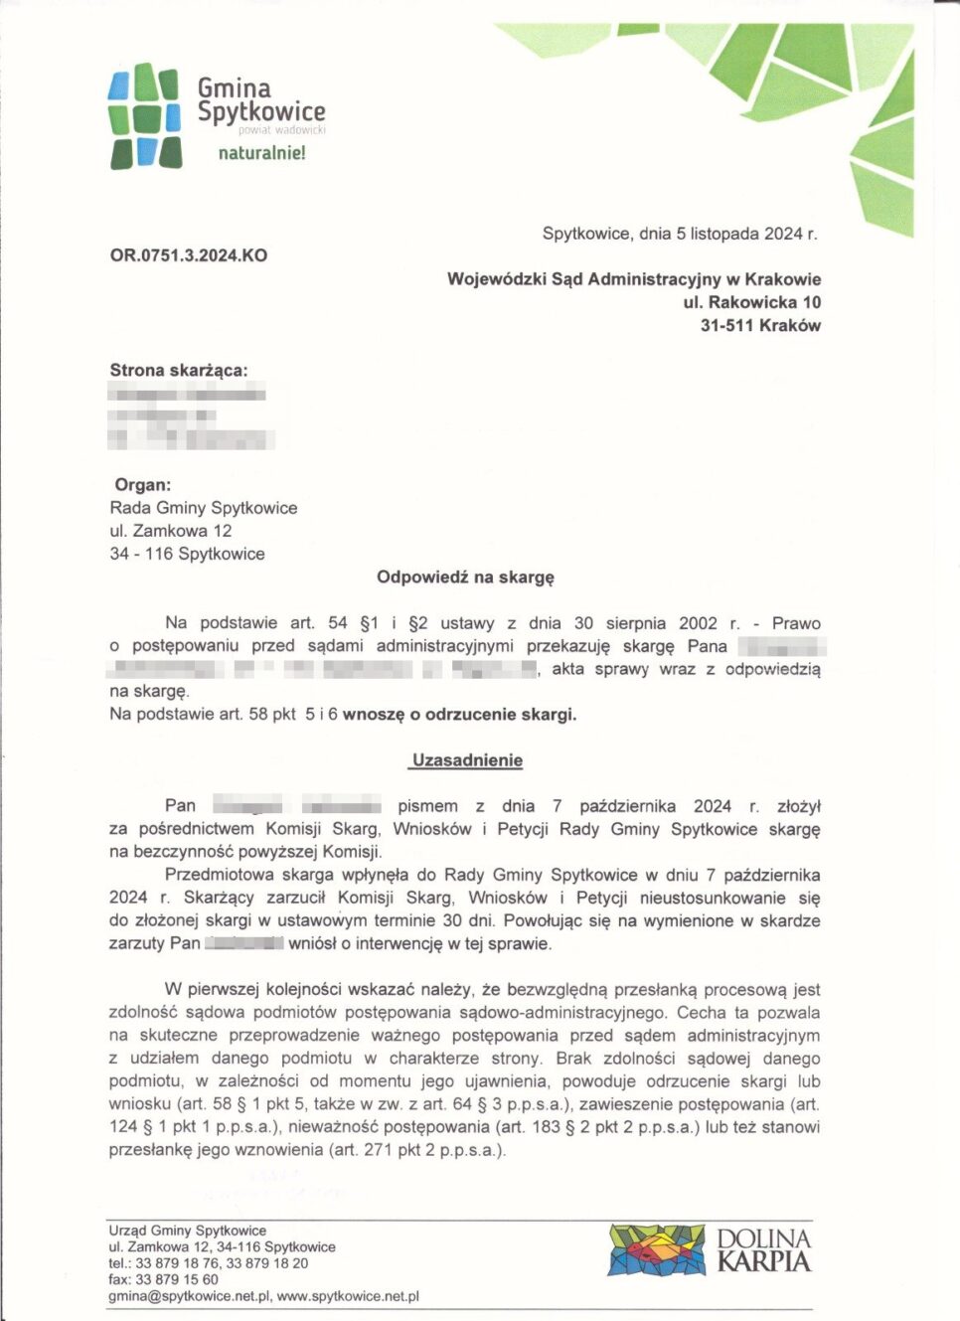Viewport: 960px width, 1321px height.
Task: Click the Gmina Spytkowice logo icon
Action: pyautogui.click(x=144, y=115)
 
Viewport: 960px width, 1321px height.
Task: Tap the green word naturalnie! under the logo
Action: pyautogui.click(x=261, y=153)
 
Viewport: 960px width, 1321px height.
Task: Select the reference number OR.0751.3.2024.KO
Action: pyautogui.click(x=189, y=255)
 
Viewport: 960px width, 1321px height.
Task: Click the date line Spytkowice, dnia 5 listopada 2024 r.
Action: pyautogui.click(x=680, y=234)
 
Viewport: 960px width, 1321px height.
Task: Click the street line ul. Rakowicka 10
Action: pyautogui.click(x=751, y=302)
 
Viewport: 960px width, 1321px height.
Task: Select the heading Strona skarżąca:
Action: pyautogui.click(x=179, y=370)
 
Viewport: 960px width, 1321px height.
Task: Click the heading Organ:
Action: pyautogui.click(x=143, y=485)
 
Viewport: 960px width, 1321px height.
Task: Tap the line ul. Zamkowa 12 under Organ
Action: pyautogui.click(x=171, y=531)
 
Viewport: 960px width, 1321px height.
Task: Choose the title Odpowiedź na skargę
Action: pyautogui.click(x=465, y=577)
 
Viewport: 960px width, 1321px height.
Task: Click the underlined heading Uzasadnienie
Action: pyautogui.click(x=467, y=760)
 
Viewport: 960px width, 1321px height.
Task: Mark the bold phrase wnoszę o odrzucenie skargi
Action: pyautogui.click(x=459, y=714)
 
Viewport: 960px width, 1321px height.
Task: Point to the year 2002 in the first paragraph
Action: pyautogui.click(x=698, y=623)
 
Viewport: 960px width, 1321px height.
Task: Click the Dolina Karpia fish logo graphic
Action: pyautogui.click(x=657, y=1249)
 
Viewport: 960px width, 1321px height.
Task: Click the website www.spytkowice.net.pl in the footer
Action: pyautogui.click(x=348, y=1296)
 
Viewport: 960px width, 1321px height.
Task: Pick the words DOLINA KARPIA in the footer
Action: pyautogui.click(x=763, y=1249)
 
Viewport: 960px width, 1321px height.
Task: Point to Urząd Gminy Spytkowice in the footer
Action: pyautogui.click(x=188, y=1231)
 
